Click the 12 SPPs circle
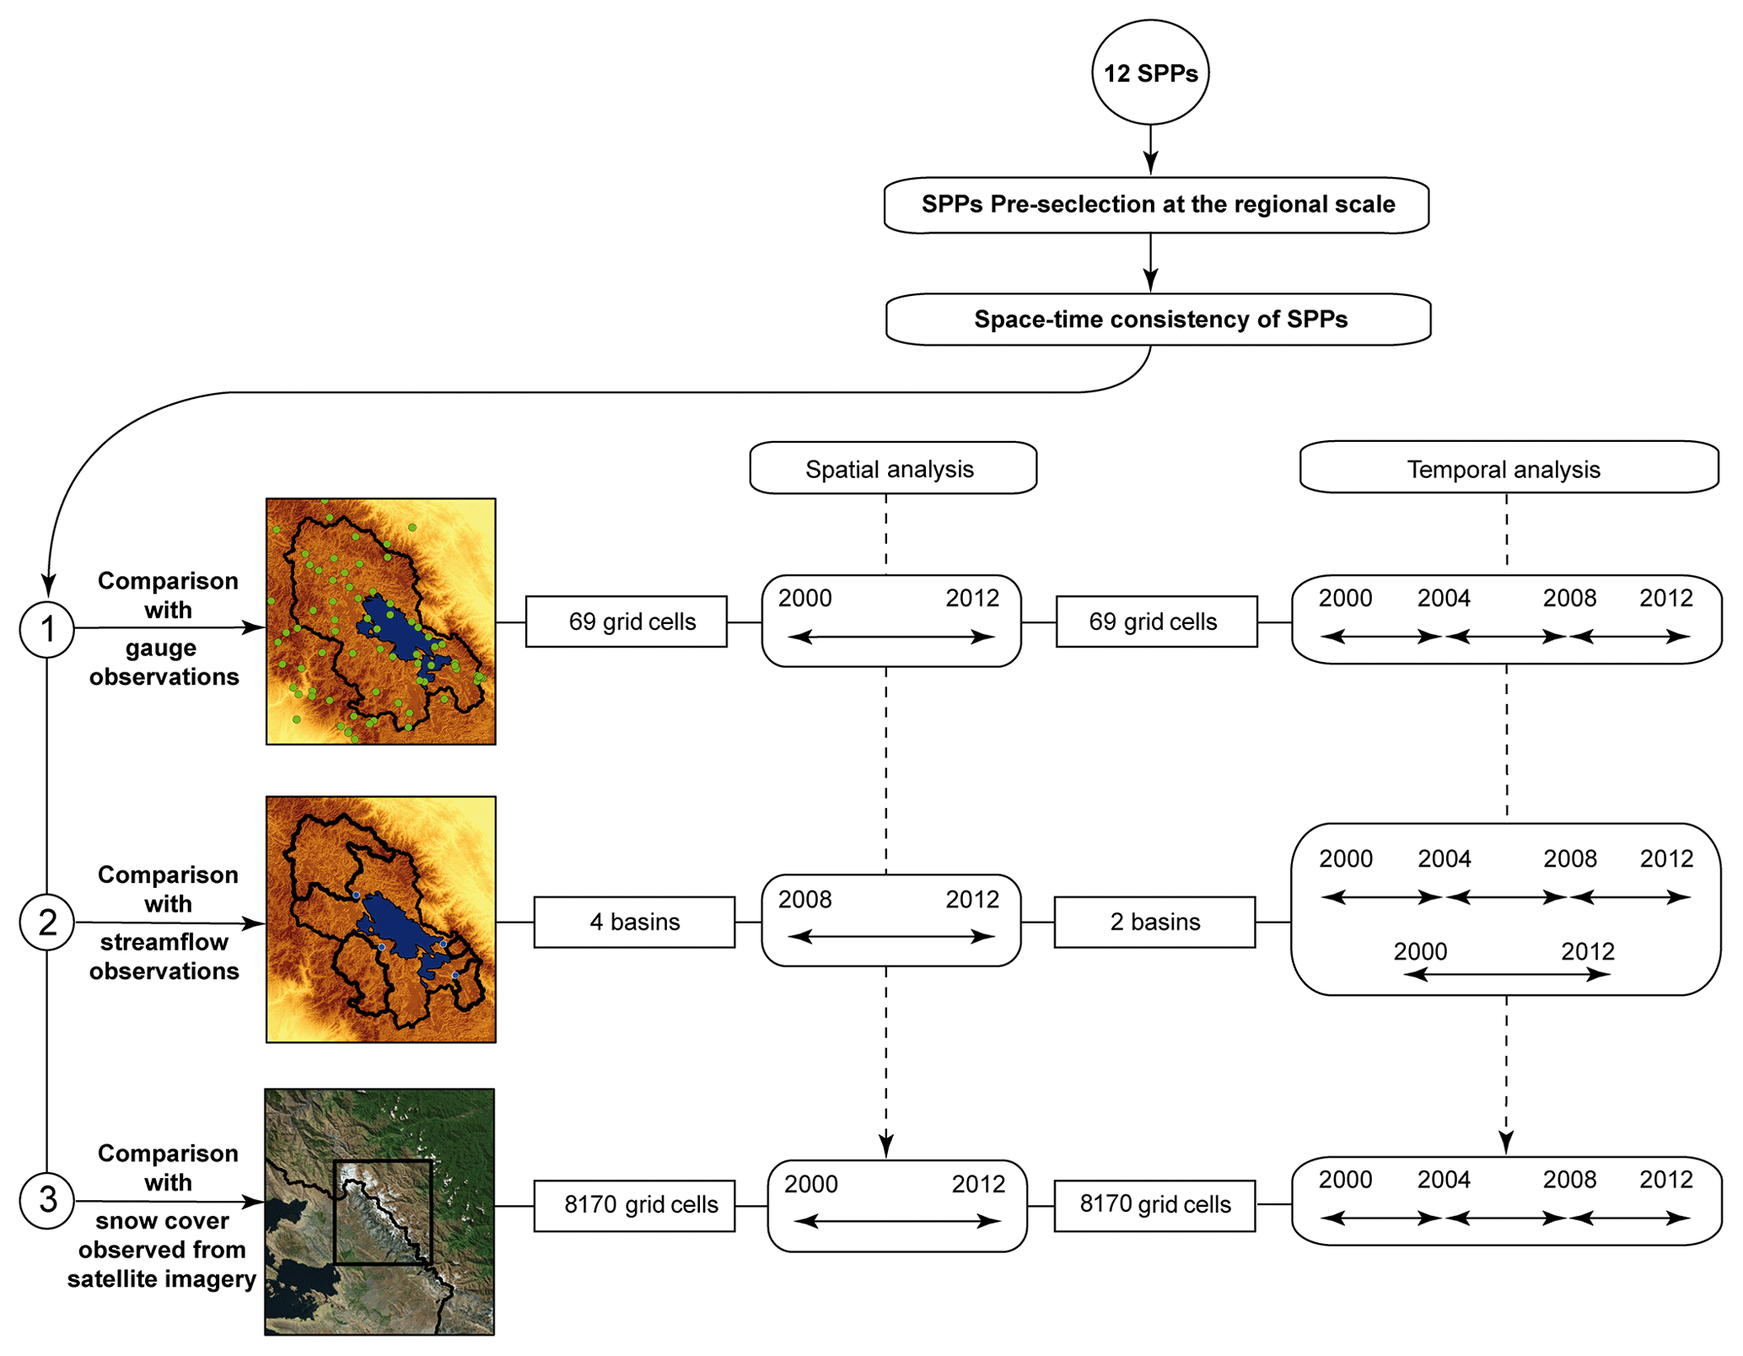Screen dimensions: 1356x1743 pyautogui.click(x=1150, y=73)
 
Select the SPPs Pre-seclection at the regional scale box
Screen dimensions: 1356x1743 pyautogui.click(x=1156, y=205)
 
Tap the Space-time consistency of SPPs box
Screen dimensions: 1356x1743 pyautogui.click(x=1159, y=320)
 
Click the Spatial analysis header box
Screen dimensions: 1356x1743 pyautogui.click(x=892, y=468)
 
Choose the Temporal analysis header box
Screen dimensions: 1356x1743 pyautogui.click(x=1508, y=468)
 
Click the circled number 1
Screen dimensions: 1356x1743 pyautogui.click(x=47, y=629)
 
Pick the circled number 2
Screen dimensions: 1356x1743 pyautogui.click(x=47, y=923)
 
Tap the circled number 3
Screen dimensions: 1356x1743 pyautogui.click(x=47, y=1200)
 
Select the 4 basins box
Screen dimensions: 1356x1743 pyautogui.click(x=634, y=922)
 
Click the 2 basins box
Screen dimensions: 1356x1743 pyautogui.click(x=1154, y=922)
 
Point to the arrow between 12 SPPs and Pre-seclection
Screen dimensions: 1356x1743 pyautogui.click(x=1150, y=150)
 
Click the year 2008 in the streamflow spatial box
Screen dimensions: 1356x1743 pyautogui.click(x=804, y=900)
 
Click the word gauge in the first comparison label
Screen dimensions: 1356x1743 pyautogui.click(x=161, y=648)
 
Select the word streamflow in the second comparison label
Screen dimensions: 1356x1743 pyautogui.click(x=164, y=942)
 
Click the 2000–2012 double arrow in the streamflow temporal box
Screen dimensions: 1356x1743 pyautogui.click(x=1507, y=975)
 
